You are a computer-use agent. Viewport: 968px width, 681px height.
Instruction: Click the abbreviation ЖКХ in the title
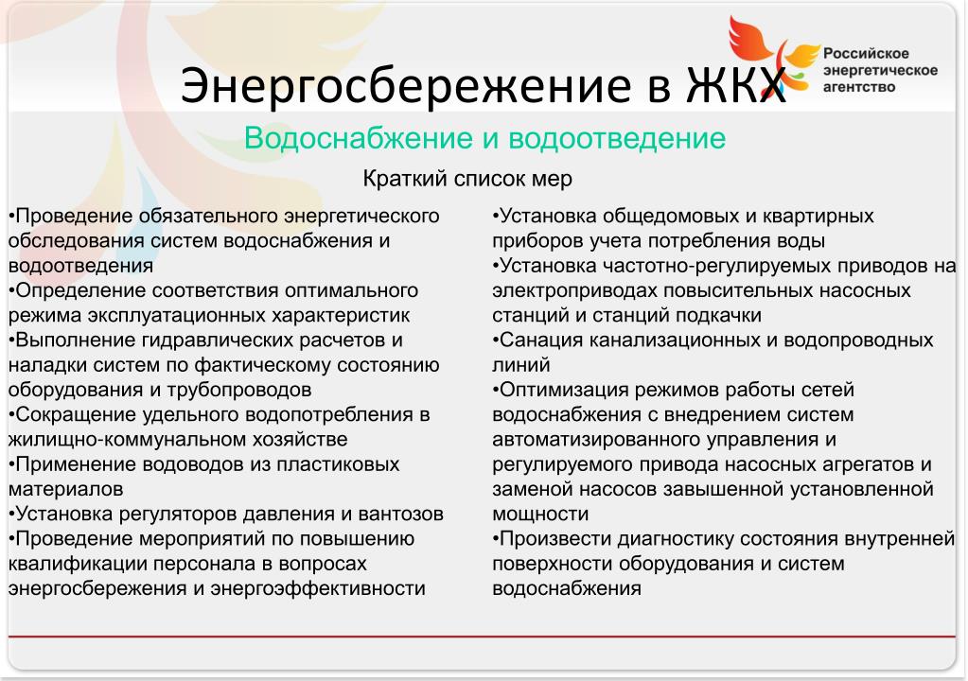click(736, 84)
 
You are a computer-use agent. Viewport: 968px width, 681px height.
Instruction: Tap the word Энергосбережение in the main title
click(407, 86)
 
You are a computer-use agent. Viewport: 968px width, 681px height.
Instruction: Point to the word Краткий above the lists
click(404, 179)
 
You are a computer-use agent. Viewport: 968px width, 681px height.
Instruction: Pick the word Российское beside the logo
click(866, 54)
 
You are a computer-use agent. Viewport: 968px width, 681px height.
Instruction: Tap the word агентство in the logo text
click(859, 87)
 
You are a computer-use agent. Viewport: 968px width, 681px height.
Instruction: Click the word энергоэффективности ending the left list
click(317, 588)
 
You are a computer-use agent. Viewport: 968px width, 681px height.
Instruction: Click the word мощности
click(540, 514)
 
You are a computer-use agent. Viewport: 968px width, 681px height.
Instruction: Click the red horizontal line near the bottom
click(482, 636)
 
